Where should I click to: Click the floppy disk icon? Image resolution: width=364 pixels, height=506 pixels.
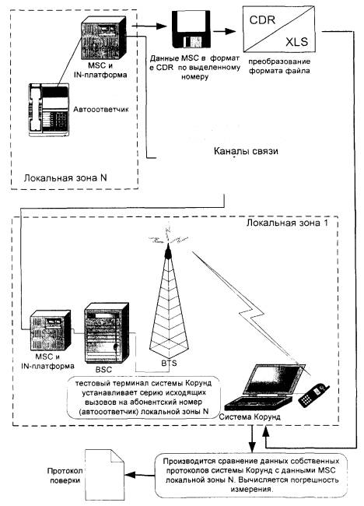coord(191,30)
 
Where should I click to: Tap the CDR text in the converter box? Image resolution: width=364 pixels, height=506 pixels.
coord(262,20)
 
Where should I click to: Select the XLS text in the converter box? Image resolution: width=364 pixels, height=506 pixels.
coord(296,41)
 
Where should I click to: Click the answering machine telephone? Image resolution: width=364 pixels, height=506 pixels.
coord(49,110)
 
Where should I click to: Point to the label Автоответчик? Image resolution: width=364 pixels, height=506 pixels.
coord(101,110)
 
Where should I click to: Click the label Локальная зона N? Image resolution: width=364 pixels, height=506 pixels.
coord(65,177)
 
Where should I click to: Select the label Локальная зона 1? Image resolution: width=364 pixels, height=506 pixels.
coord(287,223)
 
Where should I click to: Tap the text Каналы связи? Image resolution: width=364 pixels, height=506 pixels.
coord(246,151)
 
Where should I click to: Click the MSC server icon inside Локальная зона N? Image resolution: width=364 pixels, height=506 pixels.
coord(103,38)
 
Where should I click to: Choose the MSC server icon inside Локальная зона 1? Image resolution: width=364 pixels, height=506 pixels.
coord(51,330)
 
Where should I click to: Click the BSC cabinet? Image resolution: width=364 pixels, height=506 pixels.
coord(107,332)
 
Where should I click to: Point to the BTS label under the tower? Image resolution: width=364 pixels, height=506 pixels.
coord(169,363)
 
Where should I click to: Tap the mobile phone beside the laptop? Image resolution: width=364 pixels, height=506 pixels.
coord(313,395)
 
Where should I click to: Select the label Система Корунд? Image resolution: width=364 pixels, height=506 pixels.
coord(250,416)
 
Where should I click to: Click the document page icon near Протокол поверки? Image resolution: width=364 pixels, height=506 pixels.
coord(104,475)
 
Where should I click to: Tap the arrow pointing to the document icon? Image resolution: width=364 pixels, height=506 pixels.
coord(140,475)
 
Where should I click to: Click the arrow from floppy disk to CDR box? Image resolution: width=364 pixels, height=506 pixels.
coord(225,31)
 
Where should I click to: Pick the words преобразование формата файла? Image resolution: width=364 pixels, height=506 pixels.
coord(279,66)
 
